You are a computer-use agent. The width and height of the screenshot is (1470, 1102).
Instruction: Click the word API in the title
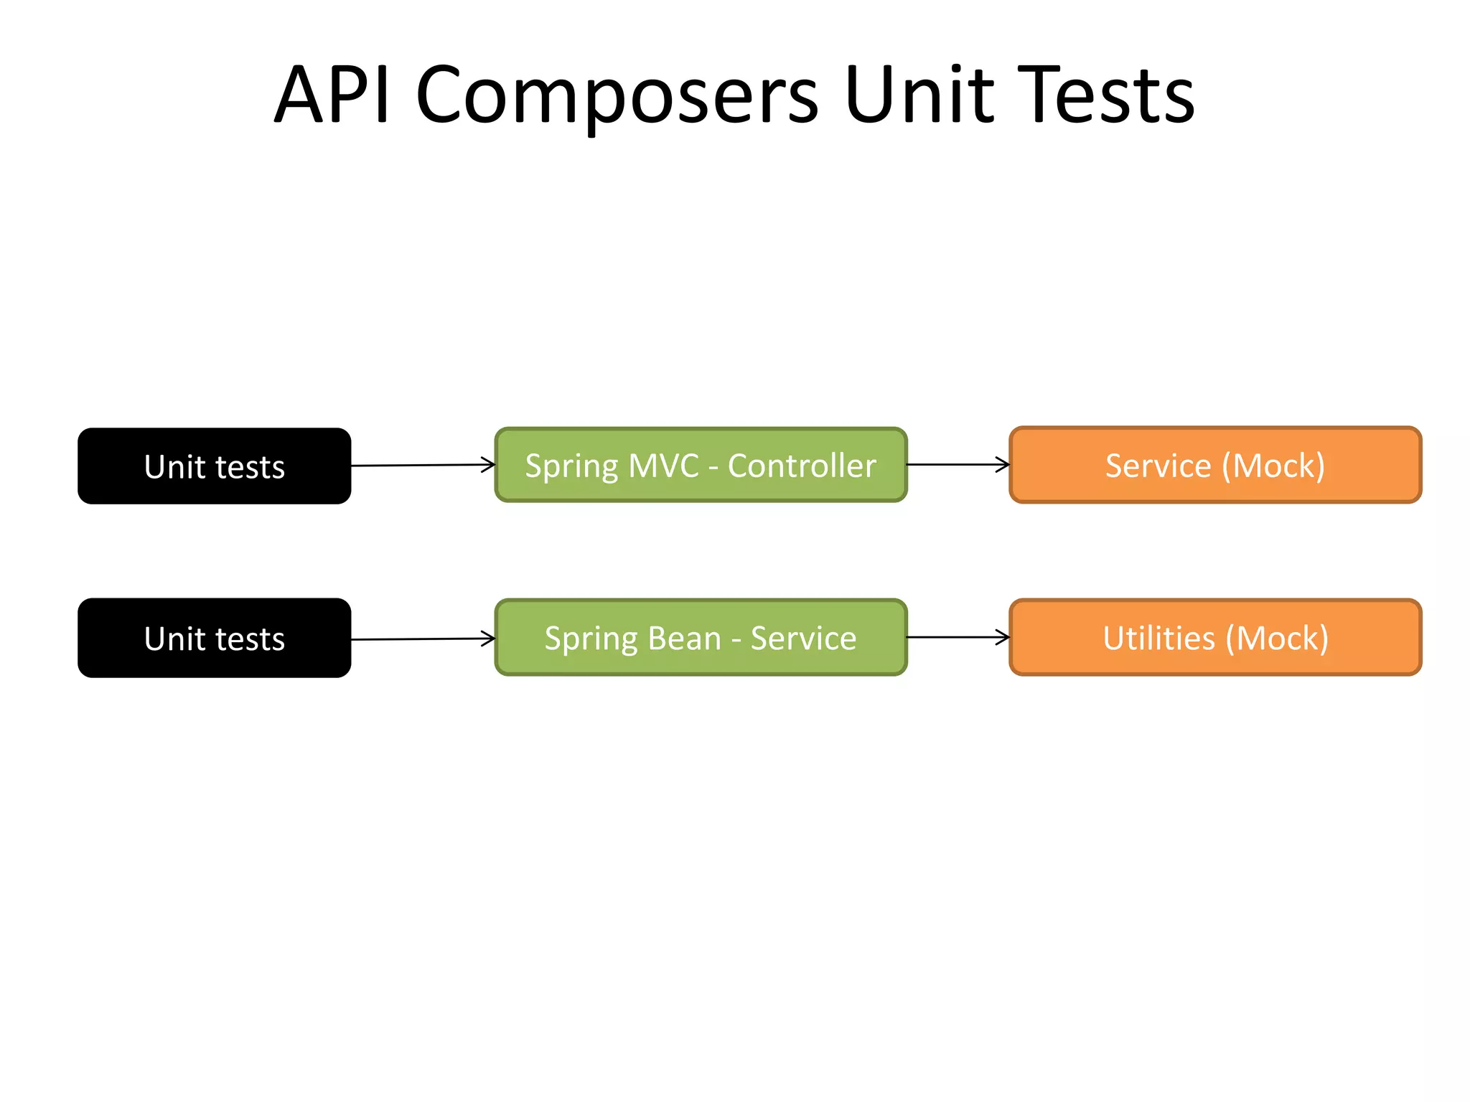(x=332, y=95)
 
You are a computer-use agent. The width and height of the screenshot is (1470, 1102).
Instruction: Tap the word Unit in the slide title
(x=919, y=95)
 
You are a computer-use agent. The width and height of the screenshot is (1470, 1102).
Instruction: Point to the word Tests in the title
(x=1105, y=95)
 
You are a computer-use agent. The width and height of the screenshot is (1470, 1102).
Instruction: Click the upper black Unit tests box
(x=214, y=466)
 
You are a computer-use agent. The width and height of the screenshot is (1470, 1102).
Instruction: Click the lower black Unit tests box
(x=214, y=638)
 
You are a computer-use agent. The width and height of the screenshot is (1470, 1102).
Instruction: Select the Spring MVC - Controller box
(x=701, y=465)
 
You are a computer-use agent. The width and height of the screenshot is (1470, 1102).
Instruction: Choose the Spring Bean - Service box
(x=701, y=637)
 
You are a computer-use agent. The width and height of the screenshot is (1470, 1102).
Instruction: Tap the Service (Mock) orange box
(x=1214, y=465)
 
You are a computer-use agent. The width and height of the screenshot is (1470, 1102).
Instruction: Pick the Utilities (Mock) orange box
(x=1214, y=637)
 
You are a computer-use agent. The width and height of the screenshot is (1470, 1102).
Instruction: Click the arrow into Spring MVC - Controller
(x=423, y=466)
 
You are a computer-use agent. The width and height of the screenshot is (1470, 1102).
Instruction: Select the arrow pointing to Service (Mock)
(x=958, y=465)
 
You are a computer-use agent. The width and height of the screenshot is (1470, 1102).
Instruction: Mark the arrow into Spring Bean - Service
(x=423, y=639)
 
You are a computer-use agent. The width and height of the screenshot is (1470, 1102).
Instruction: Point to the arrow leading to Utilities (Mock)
(x=958, y=637)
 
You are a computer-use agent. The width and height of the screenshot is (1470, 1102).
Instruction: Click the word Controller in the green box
(x=802, y=466)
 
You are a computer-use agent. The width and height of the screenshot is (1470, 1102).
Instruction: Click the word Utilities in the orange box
(x=1158, y=638)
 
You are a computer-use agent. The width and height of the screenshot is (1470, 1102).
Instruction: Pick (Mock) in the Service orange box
(x=1273, y=466)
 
